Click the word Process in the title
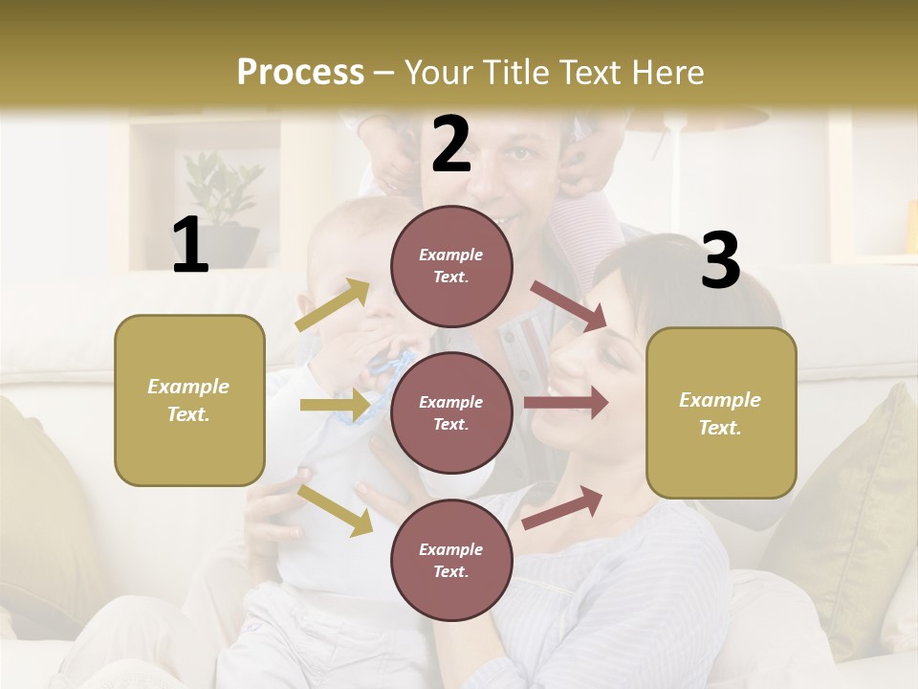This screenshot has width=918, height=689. coord(300,72)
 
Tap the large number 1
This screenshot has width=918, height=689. coord(190,246)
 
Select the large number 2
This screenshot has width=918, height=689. coord(451,144)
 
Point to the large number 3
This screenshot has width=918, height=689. coord(720,260)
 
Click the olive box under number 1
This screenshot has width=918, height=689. coord(189,400)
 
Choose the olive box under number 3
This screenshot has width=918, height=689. coord(721,413)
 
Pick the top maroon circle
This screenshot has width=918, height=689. coord(451,266)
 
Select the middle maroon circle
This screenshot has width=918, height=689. coord(451,412)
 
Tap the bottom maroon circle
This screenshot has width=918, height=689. coord(451,560)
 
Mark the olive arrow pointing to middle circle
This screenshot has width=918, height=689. coord(335,406)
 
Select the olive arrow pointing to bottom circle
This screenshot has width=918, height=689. coord(336,510)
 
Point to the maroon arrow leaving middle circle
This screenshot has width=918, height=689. coord(566,403)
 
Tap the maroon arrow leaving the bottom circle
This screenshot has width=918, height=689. coord(563,507)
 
